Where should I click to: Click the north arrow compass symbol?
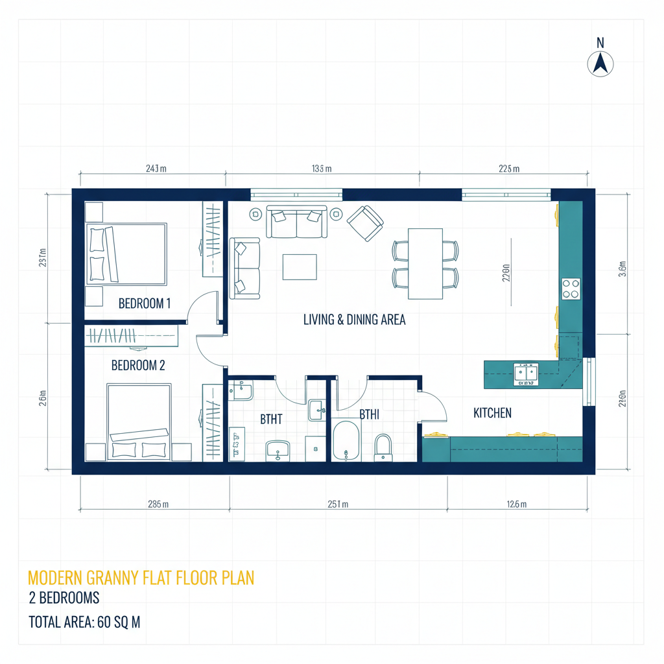pos(600,64)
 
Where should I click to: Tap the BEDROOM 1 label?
pos(144,303)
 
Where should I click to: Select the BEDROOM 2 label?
pos(137,365)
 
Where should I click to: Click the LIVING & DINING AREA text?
pos(354,319)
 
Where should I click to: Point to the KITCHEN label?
pos(492,412)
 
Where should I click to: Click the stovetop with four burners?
pos(571,288)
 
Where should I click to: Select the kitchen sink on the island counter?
pos(526,373)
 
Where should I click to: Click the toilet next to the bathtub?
pos(384,447)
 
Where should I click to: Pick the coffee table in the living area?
pos(300,267)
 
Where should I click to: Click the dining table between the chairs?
pos(425,263)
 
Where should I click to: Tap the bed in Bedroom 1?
pos(127,253)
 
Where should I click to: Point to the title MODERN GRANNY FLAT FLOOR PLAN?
pos(141,578)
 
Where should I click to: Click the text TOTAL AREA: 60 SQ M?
pos(84,622)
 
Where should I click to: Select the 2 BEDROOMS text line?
pos(64,598)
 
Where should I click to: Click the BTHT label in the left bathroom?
pos(271,419)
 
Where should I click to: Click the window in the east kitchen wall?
pos(589,381)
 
